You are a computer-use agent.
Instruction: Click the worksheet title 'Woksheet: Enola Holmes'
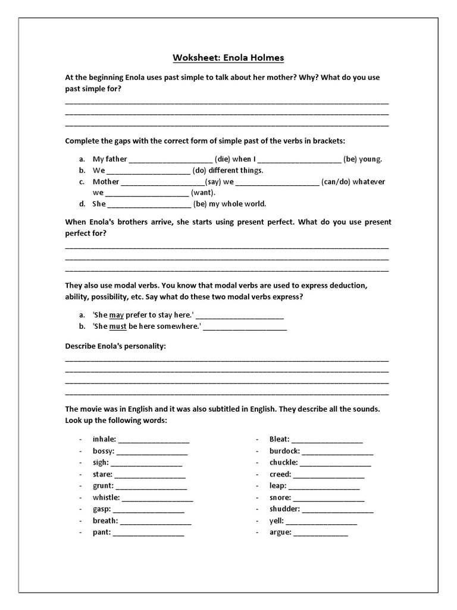point(228,58)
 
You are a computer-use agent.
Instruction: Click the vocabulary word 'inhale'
point(104,439)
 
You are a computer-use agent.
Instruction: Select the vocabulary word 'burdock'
point(284,451)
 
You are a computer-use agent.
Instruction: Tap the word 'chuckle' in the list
point(283,462)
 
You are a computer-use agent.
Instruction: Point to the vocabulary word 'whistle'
point(106,497)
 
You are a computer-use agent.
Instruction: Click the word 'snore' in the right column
point(280,497)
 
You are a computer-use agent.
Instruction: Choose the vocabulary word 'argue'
point(280,532)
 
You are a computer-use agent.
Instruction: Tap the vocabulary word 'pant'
point(101,532)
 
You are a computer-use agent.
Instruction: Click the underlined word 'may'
point(116,315)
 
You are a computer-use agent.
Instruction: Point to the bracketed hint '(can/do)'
point(336,182)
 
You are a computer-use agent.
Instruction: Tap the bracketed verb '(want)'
point(203,193)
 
